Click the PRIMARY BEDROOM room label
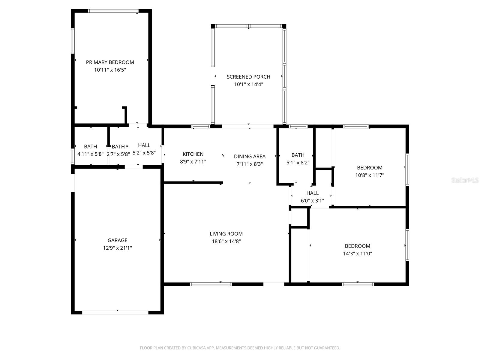(110, 62)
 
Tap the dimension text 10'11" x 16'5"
(110, 70)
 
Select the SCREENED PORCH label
(248, 77)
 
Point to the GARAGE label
(117, 240)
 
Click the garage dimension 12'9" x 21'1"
(117, 248)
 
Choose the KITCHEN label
(193, 154)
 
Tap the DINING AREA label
(250, 157)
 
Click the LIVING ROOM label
(226, 234)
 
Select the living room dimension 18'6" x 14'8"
(226, 241)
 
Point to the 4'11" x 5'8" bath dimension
(91, 154)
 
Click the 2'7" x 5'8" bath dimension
(118, 154)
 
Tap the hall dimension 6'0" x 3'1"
(313, 201)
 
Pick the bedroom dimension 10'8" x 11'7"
(370, 175)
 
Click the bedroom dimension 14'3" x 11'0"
(358, 253)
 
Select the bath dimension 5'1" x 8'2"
(298, 163)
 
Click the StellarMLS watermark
(465, 180)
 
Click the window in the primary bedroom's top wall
(113, 11)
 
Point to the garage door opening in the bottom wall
(115, 313)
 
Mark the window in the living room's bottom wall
(211, 284)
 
